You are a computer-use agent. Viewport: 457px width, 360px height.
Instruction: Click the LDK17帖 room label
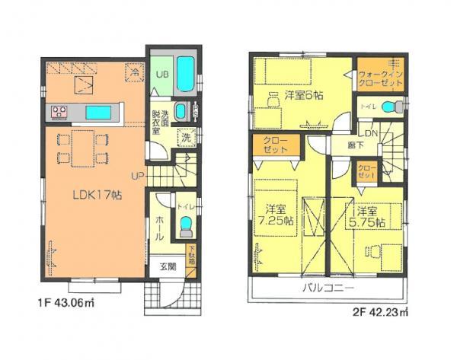(x=89, y=195)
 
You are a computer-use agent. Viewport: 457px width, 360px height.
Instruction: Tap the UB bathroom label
(x=162, y=75)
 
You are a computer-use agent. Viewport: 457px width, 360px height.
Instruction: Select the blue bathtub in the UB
(x=186, y=75)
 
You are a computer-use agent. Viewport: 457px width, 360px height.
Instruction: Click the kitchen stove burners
(x=62, y=113)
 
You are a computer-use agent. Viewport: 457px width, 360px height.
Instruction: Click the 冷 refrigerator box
(x=134, y=74)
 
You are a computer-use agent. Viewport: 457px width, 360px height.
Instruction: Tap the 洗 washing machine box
(x=185, y=138)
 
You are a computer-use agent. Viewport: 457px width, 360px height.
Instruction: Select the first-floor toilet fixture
(x=185, y=226)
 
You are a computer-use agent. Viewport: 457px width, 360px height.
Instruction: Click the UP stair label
(x=138, y=177)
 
